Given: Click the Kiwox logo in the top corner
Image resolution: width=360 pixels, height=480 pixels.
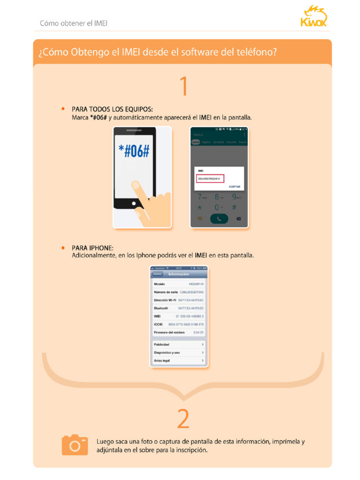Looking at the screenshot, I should (x=314, y=17).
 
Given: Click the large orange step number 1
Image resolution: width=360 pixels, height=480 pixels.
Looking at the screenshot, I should (x=184, y=86).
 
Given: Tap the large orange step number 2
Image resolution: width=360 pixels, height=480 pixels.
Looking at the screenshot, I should (x=183, y=419).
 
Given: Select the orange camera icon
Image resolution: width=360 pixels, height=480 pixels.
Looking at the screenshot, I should (x=75, y=445).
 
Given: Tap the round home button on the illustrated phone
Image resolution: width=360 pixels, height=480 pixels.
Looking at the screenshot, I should (x=134, y=204).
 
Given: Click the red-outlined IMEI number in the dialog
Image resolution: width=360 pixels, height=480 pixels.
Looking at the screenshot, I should (x=210, y=179).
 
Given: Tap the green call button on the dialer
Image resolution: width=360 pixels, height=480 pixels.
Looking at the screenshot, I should (x=219, y=218).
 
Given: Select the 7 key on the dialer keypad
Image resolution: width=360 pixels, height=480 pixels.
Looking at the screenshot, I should (x=200, y=197).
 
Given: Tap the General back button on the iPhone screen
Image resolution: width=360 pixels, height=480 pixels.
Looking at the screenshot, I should (x=157, y=274).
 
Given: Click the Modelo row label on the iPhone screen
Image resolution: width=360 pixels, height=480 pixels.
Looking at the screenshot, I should (x=160, y=284).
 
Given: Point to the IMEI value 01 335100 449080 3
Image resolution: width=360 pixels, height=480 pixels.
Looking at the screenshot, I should (x=190, y=316).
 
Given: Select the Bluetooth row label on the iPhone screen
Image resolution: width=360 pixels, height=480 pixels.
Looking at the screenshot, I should (x=161, y=308).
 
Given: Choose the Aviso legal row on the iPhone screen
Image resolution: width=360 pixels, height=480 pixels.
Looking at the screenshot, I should (x=179, y=360).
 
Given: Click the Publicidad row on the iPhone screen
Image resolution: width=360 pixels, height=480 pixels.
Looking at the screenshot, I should (x=179, y=344).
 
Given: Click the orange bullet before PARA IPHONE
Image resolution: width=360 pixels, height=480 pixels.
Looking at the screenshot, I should (x=63, y=247).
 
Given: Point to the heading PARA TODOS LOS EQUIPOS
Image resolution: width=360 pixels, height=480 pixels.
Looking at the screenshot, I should (x=112, y=109).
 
